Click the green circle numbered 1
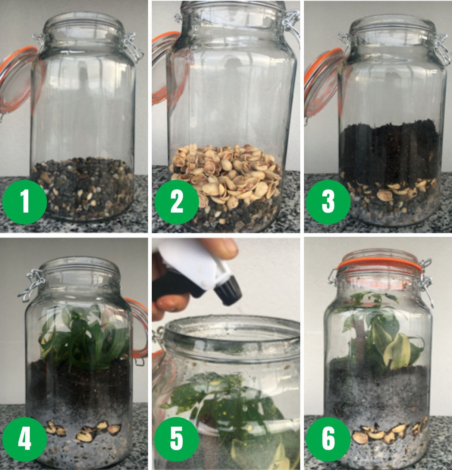coord(25,202)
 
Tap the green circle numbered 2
coord(176,202)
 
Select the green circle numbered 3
coord(328,202)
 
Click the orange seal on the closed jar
coord(379,264)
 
